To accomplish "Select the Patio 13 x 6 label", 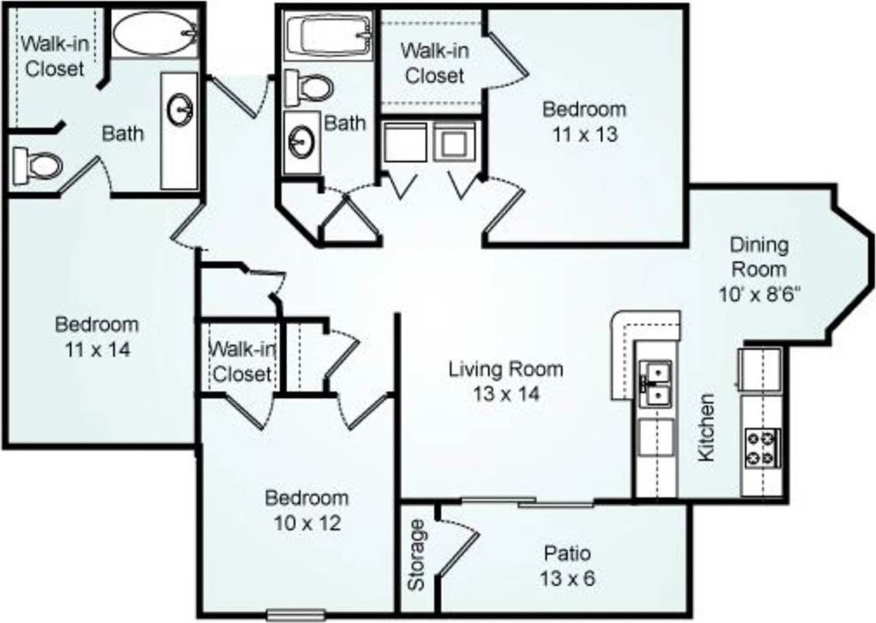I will (567, 565).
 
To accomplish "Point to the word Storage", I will (416, 556).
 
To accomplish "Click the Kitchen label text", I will (707, 427).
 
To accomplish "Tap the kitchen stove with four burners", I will (761, 447).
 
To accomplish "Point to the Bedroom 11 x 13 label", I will (584, 121).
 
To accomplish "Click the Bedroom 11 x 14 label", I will (96, 336).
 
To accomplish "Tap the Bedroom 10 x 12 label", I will (307, 510).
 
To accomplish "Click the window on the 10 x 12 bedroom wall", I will (295, 613).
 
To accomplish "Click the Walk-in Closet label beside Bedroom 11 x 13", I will (434, 63).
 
